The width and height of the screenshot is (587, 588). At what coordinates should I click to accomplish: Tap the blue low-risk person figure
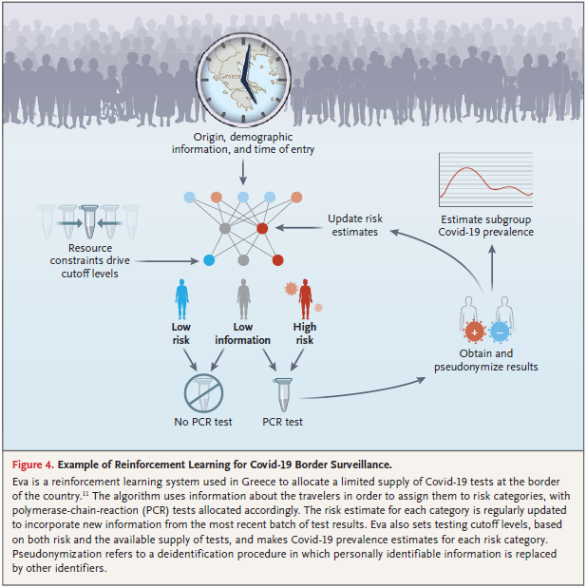tap(183, 296)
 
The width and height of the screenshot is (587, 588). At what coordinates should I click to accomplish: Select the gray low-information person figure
tap(243, 298)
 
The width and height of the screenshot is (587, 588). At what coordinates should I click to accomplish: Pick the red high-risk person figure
tap(305, 296)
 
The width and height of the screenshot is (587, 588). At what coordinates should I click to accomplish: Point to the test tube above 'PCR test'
tap(281, 392)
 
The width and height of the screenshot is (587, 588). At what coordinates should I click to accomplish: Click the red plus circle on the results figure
tap(474, 332)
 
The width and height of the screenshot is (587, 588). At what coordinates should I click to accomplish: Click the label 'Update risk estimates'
tap(353, 224)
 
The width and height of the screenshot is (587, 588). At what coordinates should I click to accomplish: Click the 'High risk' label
tap(305, 333)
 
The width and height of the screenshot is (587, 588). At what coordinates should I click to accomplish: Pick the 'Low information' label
tap(242, 333)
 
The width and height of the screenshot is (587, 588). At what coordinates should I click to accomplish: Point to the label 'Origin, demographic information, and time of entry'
tap(244, 142)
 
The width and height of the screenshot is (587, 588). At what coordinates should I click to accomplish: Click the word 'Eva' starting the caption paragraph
tap(22, 482)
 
